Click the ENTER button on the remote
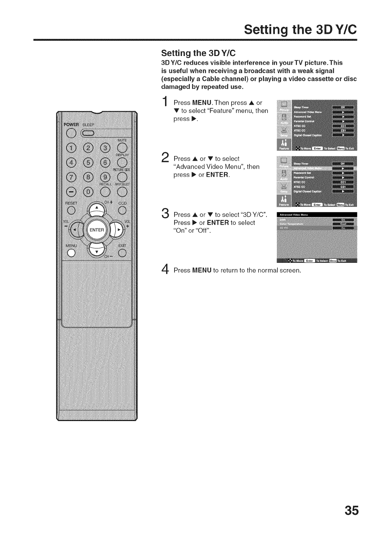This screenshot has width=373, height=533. [x=97, y=230]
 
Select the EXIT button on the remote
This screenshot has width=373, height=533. [x=122, y=253]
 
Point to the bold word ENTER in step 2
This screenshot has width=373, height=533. [x=217, y=175]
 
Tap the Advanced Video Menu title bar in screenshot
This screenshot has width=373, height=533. [x=317, y=215]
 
